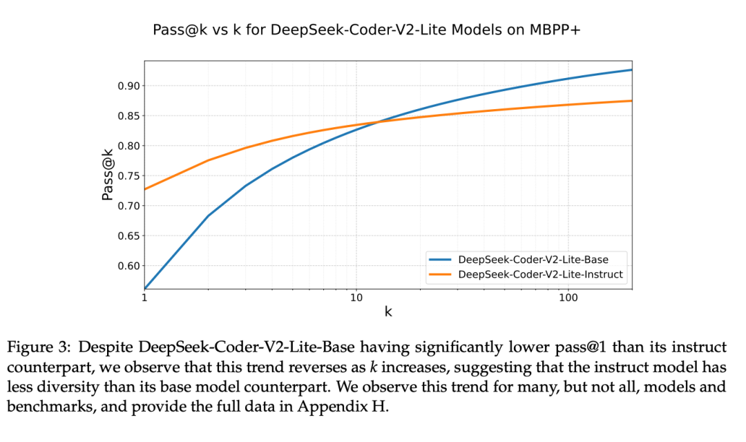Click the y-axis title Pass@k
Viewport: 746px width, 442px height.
point(107,175)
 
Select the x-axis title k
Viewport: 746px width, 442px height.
point(388,311)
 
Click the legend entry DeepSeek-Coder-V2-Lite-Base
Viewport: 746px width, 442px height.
point(533,259)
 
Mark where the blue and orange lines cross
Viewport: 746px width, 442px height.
point(377,122)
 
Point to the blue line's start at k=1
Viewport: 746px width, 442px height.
point(145,288)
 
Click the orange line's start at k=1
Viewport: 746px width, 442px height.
point(145,189)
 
